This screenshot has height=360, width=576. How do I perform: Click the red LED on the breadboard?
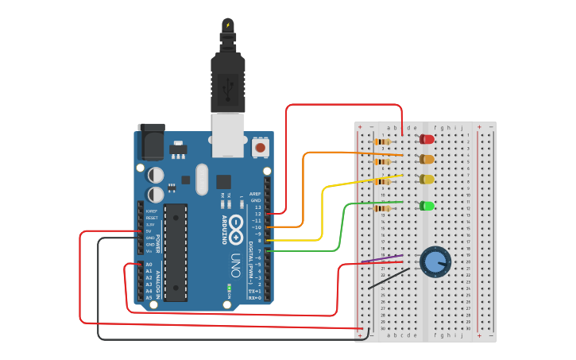427,139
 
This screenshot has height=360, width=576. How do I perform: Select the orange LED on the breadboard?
427,159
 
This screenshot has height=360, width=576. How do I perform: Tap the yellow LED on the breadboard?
427,179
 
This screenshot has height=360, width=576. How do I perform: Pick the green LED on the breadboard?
427,206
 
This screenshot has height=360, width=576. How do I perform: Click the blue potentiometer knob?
435,261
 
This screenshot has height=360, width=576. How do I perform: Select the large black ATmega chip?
176,253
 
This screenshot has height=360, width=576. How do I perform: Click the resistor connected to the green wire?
382,208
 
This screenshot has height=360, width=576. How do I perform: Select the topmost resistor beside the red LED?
382,142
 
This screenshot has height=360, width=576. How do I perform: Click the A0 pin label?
149,265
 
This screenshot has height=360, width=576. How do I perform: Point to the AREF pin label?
255,193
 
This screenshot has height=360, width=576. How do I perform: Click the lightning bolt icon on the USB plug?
228,25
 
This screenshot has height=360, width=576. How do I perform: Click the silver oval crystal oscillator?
201,179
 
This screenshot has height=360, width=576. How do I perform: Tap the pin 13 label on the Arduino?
257,207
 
